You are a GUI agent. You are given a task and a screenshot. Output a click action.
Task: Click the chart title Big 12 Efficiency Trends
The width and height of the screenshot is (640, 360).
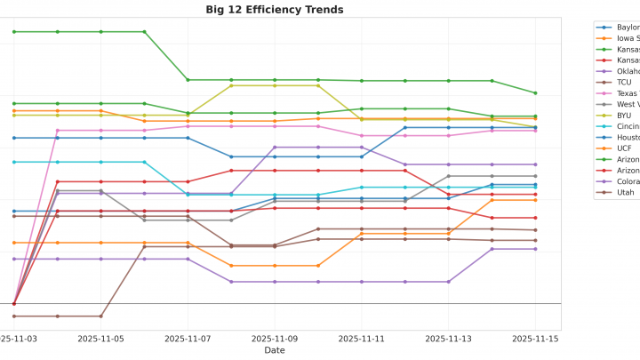pyautogui.click(x=274, y=10)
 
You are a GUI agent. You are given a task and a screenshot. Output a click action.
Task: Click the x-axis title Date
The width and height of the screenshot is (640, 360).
pyautogui.click(x=275, y=350)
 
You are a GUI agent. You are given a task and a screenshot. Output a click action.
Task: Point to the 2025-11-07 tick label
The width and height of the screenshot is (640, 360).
pyautogui.click(x=188, y=339)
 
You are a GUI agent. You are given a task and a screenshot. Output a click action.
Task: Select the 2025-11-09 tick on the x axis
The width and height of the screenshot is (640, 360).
pyautogui.click(x=275, y=339)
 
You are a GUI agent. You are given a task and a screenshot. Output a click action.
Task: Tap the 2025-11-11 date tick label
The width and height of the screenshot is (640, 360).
pyautogui.click(x=361, y=339)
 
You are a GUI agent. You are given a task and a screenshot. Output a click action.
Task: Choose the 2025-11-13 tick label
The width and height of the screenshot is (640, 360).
pyautogui.click(x=448, y=339)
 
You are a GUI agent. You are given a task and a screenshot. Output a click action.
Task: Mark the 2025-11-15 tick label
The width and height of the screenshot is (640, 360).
pyautogui.click(x=535, y=339)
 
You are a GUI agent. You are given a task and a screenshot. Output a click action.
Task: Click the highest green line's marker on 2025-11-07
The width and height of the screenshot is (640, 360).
pyautogui.click(x=188, y=80)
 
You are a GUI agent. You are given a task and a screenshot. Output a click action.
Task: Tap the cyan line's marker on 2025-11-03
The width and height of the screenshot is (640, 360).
pyautogui.click(x=13, y=162)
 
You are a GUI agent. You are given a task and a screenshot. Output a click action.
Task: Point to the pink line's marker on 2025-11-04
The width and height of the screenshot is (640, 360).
pyautogui.click(x=57, y=131)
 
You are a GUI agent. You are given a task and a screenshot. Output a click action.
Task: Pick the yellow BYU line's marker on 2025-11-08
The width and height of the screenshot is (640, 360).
pyautogui.click(x=231, y=85)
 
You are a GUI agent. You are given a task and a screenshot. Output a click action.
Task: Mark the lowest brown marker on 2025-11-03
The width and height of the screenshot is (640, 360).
pyautogui.click(x=13, y=316)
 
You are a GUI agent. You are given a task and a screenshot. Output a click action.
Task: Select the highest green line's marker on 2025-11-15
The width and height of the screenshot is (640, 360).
pyautogui.click(x=535, y=92)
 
